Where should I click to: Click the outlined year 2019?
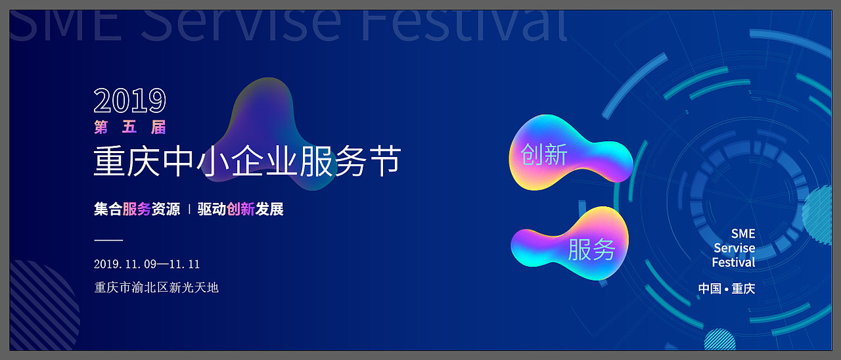(129, 101)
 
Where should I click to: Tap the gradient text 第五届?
(130, 127)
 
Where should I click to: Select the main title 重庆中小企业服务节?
(247, 162)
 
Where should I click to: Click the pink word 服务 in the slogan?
(137, 210)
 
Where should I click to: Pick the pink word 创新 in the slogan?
(240, 210)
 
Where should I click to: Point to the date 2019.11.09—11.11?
(147, 264)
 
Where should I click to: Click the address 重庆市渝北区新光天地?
(156, 287)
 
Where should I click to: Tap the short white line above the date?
(108, 241)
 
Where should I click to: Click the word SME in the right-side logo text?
(743, 234)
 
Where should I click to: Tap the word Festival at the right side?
(733, 263)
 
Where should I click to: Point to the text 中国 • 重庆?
(726, 288)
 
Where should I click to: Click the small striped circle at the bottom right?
(720, 340)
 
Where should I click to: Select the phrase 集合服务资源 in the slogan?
(137, 210)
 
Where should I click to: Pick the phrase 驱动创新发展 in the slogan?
(240, 210)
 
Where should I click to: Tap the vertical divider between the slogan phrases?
(189, 210)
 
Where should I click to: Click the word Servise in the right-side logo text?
(734, 248)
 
